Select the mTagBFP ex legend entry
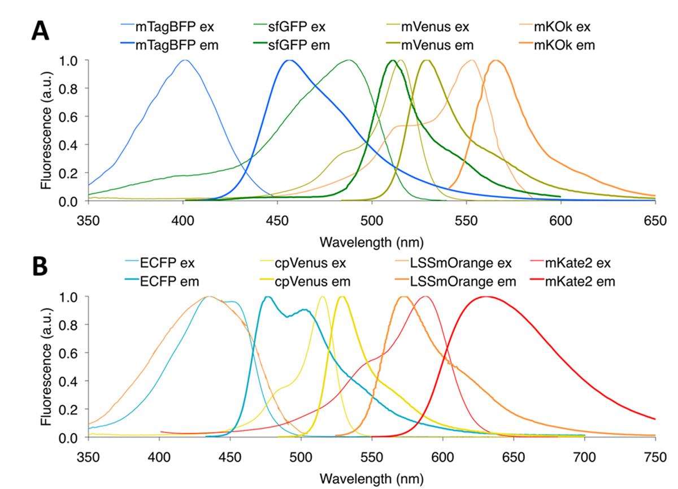(x=152, y=26)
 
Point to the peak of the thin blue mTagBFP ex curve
(x=184, y=60)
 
